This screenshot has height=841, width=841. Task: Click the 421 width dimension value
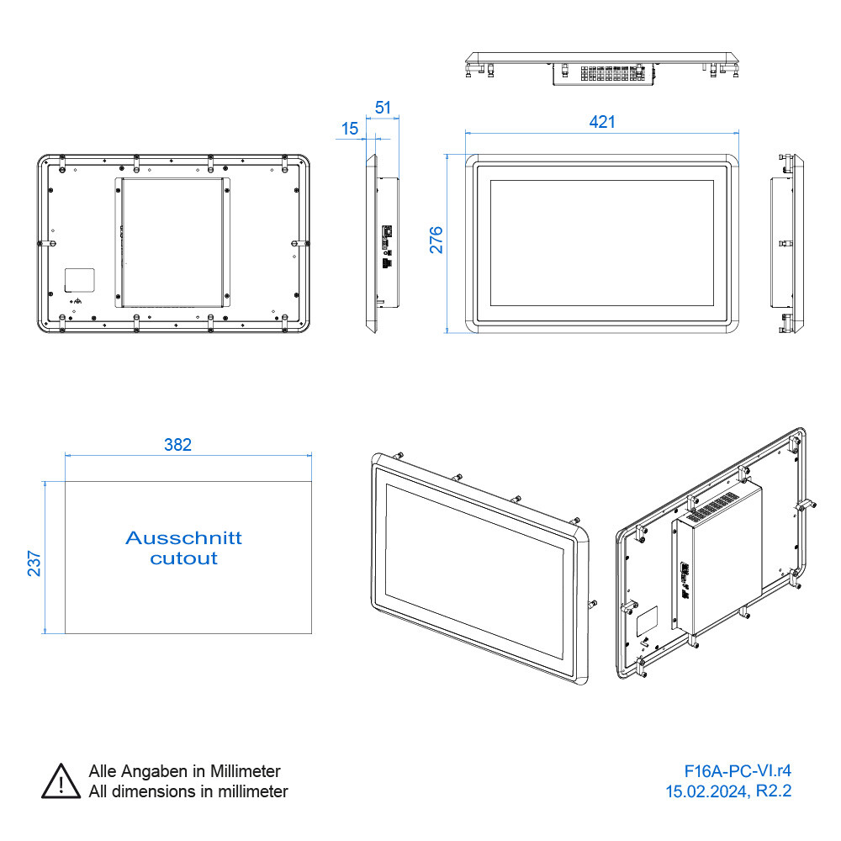click(601, 122)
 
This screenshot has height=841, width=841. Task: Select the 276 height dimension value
click(436, 240)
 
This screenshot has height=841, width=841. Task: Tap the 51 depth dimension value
click(383, 108)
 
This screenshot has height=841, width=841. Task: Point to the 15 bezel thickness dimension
click(350, 129)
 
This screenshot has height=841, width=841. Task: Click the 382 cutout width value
click(177, 445)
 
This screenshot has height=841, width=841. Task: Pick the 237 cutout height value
click(34, 563)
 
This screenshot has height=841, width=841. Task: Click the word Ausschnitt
click(183, 537)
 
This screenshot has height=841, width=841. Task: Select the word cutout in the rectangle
click(183, 558)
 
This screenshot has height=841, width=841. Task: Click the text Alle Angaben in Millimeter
click(184, 771)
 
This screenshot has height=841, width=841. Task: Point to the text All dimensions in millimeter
click(188, 791)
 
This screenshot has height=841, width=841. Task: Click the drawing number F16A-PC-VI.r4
click(738, 771)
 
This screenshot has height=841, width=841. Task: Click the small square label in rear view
click(81, 280)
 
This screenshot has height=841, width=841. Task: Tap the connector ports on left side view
click(388, 244)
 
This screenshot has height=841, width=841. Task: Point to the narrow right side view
click(786, 244)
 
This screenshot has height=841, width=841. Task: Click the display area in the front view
click(601, 242)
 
